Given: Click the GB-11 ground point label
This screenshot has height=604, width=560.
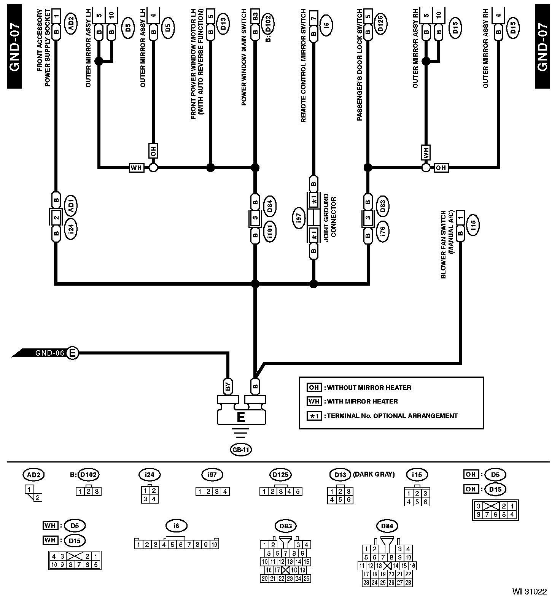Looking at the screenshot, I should [x=241, y=450].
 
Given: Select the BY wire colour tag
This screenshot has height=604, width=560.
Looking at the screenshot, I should [x=228, y=387].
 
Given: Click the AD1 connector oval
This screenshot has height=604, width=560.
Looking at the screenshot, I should [x=71, y=205].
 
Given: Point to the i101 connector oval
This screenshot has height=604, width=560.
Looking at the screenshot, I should [x=270, y=231].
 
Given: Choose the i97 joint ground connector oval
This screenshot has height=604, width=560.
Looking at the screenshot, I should [x=299, y=218].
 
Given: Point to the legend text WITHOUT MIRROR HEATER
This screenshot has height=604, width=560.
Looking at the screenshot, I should [x=369, y=388].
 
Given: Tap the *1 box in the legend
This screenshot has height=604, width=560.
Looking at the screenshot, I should [x=314, y=416].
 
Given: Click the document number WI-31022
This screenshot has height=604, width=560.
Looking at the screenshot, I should [x=529, y=592].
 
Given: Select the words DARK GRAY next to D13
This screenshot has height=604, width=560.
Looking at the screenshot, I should [x=374, y=474].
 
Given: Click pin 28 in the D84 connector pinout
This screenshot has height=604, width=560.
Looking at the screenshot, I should [x=408, y=582].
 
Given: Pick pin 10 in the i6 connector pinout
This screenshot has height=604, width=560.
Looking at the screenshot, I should [x=214, y=545].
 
